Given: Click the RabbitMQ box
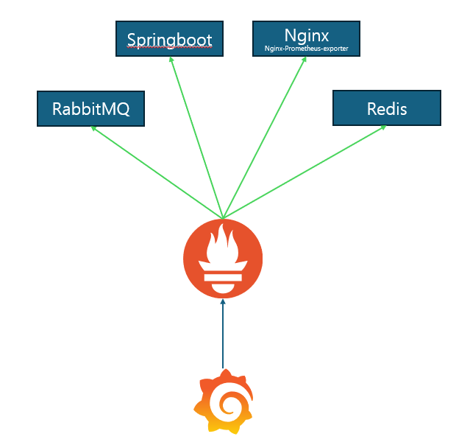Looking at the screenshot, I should pyautogui.click(x=90, y=108).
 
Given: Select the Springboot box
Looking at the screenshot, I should pyautogui.click(x=170, y=39).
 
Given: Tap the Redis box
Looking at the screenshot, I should pyautogui.click(x=387, y=108).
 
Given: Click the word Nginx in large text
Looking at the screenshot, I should pyautogui.click(x=306, y=34).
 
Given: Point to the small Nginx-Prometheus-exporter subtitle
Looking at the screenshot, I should pyautogui.click(x=306, y=49).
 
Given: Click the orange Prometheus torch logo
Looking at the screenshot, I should pyautogui.click(x=222, y=258).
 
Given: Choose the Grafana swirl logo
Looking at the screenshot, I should pyautogui.click(x=222, y=401).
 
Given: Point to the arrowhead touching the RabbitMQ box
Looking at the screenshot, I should pyautogui.click(x=93, y=128).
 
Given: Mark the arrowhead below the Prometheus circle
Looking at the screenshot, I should pyautogui.click(x=222, y=302).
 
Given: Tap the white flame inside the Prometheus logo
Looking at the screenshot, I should pyautogui.click(x=222, y=247).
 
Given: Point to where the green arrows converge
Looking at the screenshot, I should pyautogui.click(x=222, y=218).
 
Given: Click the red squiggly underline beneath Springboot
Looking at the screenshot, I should pyautogui.click(x=170, y=46).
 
